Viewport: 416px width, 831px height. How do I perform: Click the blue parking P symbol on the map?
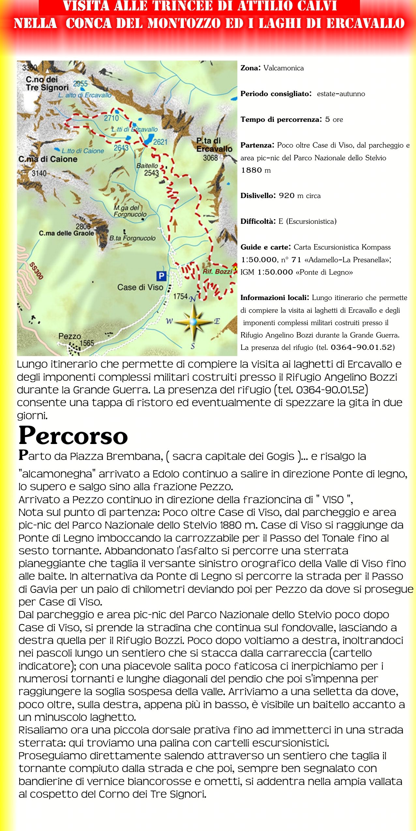click(161, 276)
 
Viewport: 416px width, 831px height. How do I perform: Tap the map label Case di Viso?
click(140, 287)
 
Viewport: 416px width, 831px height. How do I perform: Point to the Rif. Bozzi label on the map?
click(217, 271)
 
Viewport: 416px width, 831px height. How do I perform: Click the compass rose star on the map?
click(194, 322)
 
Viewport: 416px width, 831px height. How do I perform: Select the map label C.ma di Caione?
click(48, 159)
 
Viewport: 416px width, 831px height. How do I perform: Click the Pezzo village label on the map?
click(69, 336)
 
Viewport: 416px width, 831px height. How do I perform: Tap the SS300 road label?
click(36, 271)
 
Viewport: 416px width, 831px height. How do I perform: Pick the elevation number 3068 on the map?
click(210, 158)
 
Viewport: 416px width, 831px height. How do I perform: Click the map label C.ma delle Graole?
click(66, 233)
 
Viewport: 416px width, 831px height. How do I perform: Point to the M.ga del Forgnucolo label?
click(130, 211)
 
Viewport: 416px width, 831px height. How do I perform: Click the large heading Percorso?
click(73, 436)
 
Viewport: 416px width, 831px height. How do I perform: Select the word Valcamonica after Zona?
click(283, 68)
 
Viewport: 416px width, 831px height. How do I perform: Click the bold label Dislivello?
click(258, 196)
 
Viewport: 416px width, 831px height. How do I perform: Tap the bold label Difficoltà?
click(258, 222)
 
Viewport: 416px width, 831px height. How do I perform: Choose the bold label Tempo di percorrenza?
click(281, 120)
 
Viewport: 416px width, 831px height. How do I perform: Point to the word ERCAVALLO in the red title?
click(365, 23)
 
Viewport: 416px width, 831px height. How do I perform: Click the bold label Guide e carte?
click(266, 247)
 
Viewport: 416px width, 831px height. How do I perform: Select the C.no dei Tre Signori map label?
click(47, 83)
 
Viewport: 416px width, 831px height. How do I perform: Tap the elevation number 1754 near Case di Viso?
click(180, 296)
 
